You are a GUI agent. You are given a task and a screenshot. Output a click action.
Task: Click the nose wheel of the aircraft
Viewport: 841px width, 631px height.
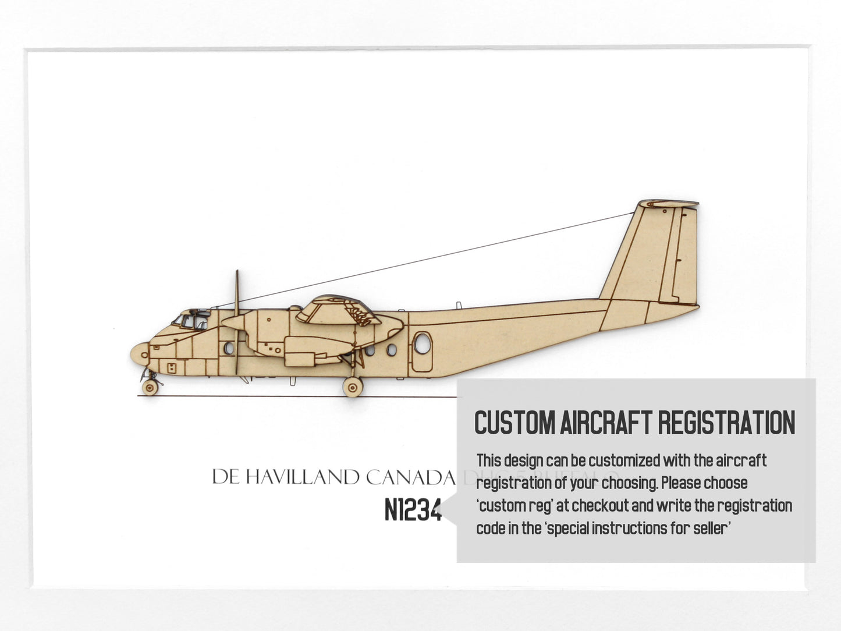tap(150, 388)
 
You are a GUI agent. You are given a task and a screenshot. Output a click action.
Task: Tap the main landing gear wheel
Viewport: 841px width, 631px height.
tap(352, 387)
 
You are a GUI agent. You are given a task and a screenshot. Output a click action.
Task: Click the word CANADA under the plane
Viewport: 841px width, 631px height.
tap(410, 478)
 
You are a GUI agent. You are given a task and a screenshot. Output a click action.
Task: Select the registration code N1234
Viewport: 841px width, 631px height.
tap(413, 511)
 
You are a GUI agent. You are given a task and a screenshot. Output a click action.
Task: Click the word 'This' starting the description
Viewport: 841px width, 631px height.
tap(489, 460)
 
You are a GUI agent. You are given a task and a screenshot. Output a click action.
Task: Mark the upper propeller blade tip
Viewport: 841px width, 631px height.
tap(236, 272)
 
